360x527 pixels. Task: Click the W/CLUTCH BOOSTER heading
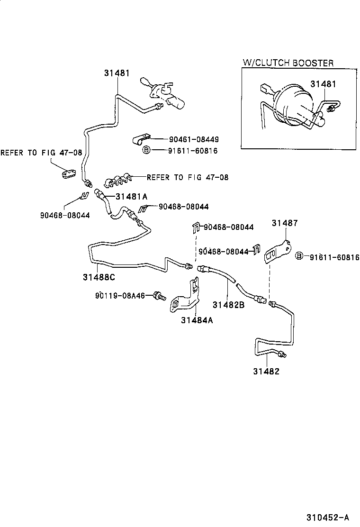click(x=288, y=63)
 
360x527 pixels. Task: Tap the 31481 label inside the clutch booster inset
click(x=323, y=84)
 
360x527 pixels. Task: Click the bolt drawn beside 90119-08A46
click(x=159, y=297)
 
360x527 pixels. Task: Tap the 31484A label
click(x=197, y=320)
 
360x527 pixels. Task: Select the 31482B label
click(x=228, y=305)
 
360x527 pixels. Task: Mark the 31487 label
click(x=285, y=223)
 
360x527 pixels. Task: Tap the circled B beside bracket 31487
click(x=299, y=256)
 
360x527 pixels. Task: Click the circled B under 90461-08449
click(x=146, y=150)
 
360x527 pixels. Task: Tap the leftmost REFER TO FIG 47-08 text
click(x=41, y=153)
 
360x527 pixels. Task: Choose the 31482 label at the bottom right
click(x=266, y=371)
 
